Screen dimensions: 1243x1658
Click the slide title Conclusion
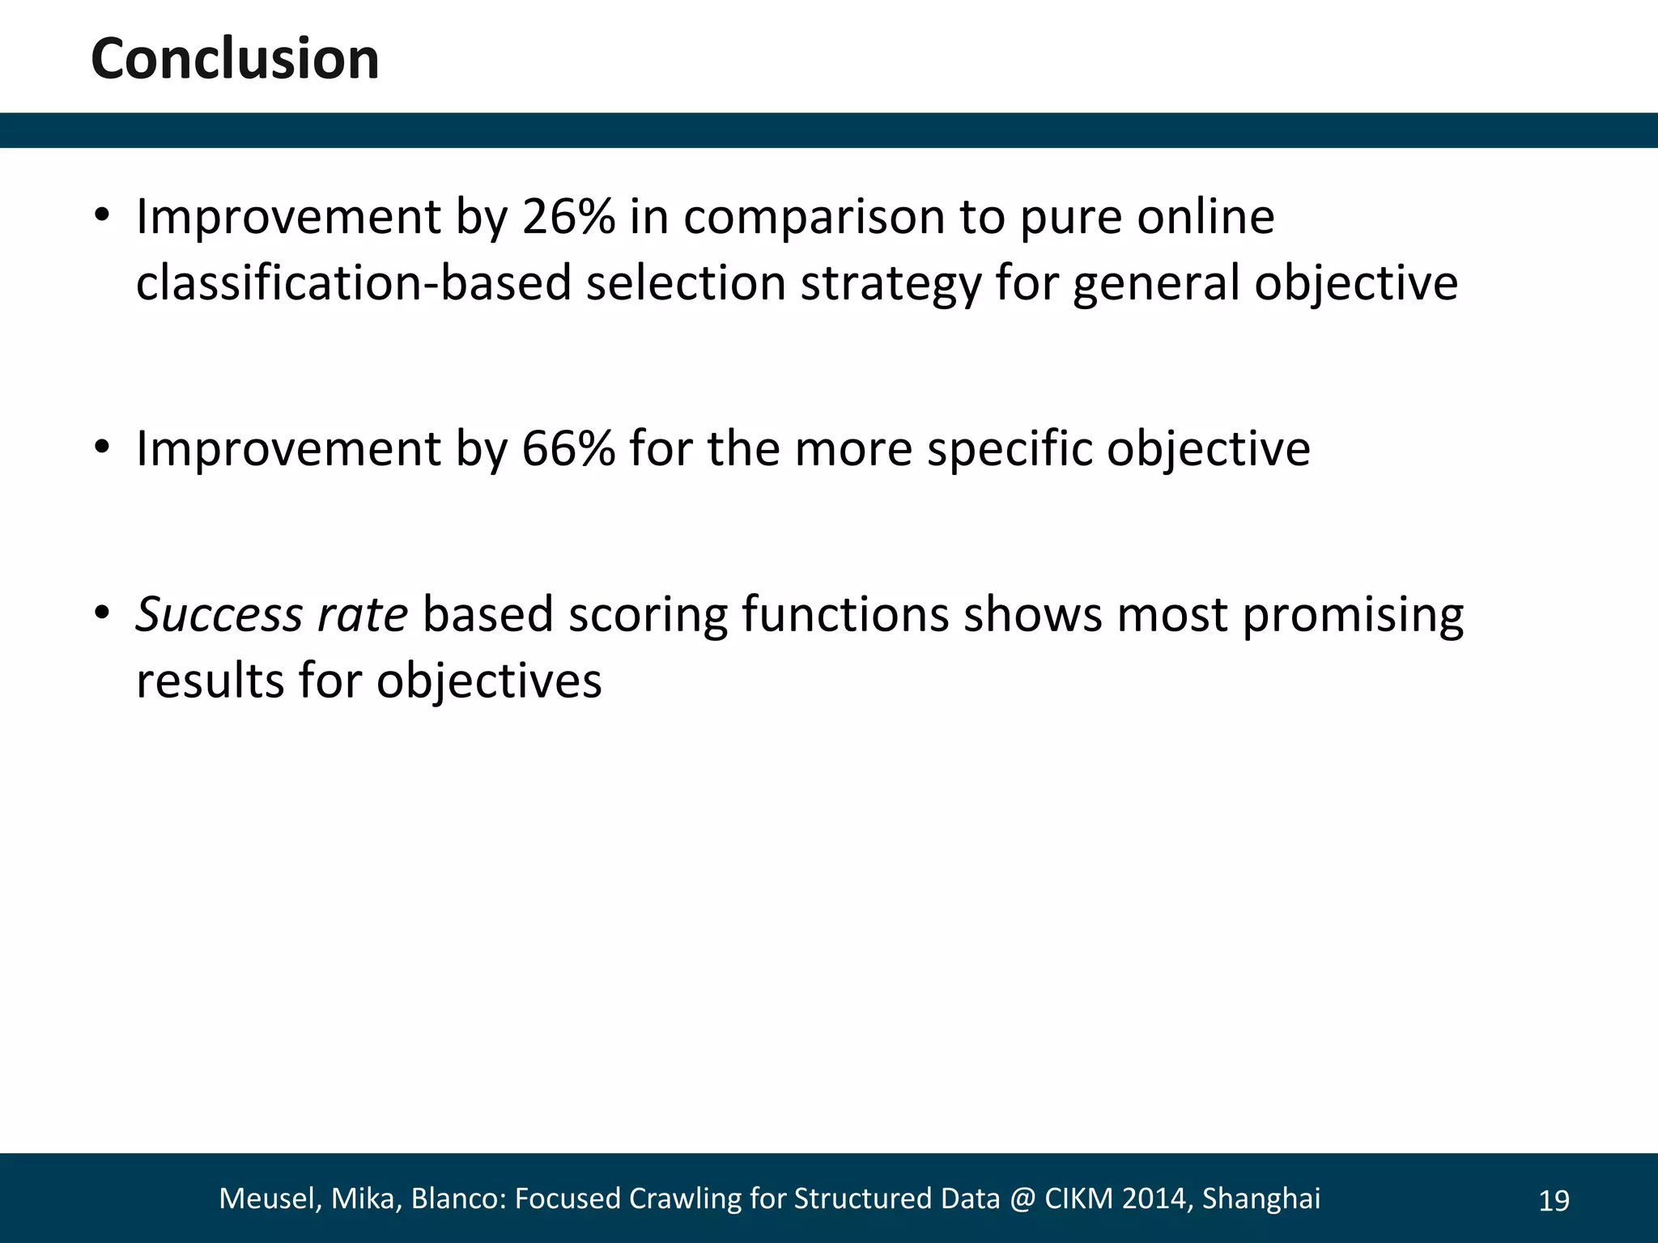pos(235,59)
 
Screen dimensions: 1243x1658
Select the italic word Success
pos(219,614)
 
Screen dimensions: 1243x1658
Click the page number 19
pos(1554,1201)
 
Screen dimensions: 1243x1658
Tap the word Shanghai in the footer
pos(1261,1198)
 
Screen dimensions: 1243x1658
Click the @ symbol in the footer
pos(1022,1198)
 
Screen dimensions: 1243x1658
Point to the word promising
pos(1353,614)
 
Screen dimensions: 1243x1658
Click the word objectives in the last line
pos(489,681)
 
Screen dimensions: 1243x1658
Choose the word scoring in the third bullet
pos(648,614)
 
